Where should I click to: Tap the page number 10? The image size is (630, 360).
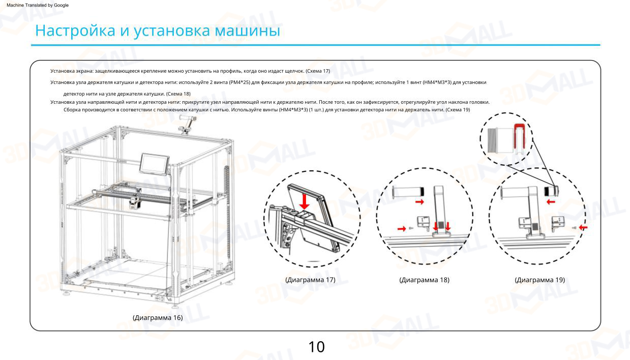point(316,347)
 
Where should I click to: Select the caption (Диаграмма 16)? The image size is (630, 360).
point(158,318)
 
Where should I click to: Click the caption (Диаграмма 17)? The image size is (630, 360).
point(310,280)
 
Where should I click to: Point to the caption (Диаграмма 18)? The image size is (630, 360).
point(424,280)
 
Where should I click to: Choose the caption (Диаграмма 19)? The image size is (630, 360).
point(539,280)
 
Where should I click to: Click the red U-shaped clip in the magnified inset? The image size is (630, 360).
point(520,133)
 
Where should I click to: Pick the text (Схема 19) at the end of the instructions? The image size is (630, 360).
point(458,110)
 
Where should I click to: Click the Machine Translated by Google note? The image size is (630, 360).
point(37,5)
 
